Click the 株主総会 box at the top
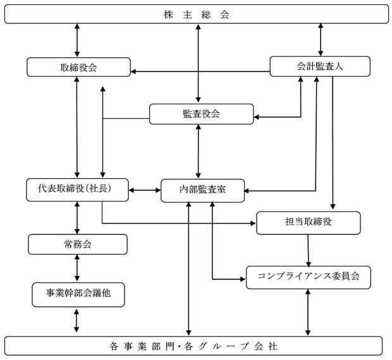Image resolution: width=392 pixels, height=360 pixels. [197, 14]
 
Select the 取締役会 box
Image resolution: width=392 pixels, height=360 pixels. [78, 67]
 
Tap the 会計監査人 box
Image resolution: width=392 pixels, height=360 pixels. [320, 66]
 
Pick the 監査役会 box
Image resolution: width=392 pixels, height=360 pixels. [201, 114]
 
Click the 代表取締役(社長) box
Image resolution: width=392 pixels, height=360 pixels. [77, 189]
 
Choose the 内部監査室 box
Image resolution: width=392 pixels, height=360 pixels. [202, 191]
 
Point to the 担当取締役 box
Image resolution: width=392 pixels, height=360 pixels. [309, 223]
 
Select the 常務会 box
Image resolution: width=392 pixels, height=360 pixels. [78, 244]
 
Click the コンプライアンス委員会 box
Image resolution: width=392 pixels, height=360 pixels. [309, 277]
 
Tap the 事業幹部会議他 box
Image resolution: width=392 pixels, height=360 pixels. [78, 294]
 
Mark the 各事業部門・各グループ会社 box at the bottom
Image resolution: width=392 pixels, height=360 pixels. [193, 345]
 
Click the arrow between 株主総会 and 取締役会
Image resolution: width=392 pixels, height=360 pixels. [77, 40]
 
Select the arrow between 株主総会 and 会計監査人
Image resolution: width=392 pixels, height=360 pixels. [321, 40]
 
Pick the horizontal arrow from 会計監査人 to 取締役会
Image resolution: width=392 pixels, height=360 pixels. [200, 71]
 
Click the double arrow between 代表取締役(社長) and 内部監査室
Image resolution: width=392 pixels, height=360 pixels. [145, 190]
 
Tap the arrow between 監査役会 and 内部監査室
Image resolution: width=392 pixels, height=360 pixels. [199, 152]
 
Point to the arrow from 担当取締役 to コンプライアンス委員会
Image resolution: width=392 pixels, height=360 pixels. [309, 250]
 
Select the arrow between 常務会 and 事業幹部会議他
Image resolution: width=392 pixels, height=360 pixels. [77, 268]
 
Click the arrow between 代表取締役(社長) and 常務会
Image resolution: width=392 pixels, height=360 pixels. [77, 218]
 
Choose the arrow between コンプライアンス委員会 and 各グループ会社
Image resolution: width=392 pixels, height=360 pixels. [308, 313]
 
